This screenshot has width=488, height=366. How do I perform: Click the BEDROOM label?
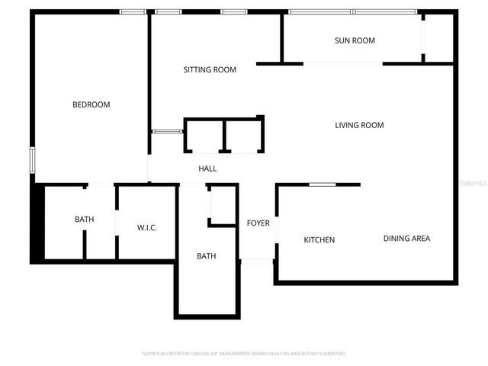click(91, 104)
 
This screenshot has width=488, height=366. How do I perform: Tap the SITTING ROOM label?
click(210, 69)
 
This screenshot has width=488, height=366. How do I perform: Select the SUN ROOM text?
click(355, 40)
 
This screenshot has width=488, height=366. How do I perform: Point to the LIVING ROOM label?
click(359, 125)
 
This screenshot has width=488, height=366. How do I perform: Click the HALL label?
click(207, 169)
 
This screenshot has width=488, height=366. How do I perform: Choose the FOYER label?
click(258, 223)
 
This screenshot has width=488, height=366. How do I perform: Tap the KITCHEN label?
click(319, 240)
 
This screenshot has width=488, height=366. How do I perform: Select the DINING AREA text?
click(406, 239)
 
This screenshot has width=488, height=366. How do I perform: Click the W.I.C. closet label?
click(147, 228)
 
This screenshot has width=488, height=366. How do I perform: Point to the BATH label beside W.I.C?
click(84, 220)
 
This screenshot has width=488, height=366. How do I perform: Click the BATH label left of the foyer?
click(206, 256)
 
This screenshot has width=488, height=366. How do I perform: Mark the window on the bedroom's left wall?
click(32, 159)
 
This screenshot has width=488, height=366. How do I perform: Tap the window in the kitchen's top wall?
click(323, 185)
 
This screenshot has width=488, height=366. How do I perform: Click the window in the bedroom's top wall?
click(133, 11)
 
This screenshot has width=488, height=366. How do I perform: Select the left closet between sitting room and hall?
click(204, 137)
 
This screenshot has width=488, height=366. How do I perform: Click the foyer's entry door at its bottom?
click(257, 262)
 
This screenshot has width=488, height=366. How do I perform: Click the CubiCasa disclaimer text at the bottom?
click(244, 354)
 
